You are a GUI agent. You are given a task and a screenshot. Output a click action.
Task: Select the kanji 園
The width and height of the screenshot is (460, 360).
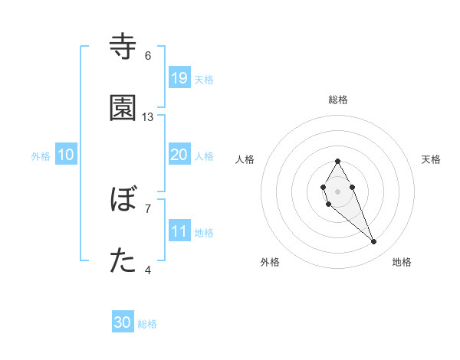point(123,108)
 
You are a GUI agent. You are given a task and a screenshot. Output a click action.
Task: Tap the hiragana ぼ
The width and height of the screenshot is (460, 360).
point(123,200)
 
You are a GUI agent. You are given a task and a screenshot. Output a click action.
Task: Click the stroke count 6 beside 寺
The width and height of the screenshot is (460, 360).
point(148,56)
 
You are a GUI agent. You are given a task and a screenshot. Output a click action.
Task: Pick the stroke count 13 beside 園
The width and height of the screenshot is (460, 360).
point(148,117)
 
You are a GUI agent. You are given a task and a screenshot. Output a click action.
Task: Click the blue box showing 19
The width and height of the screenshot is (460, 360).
point(179,78)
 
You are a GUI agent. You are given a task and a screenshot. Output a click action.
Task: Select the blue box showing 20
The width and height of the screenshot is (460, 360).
point(179,155)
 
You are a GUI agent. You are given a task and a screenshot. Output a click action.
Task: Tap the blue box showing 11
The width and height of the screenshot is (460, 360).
point(179,231)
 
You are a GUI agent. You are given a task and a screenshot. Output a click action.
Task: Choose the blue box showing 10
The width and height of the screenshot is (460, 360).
point(66,155)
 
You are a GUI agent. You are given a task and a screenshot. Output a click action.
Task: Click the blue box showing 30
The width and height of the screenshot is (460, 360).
point(123,323)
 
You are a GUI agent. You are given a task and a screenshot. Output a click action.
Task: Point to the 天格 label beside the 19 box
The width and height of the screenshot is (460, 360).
point(204,79)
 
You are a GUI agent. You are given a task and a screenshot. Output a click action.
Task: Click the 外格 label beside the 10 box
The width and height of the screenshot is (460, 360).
point(41,155)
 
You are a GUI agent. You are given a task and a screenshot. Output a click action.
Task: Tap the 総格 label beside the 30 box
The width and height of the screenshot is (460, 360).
point(147,324)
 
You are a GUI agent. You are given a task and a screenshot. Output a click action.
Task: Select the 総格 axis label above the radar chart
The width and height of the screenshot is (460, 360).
point(338,100)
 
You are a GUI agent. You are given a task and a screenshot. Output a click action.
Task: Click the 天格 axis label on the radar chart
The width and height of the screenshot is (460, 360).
point(431,159)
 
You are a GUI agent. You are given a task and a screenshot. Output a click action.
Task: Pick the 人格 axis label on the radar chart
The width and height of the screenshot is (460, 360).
point(245,159)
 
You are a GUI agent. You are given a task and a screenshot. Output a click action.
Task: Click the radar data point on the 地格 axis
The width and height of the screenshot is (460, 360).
point(373,242)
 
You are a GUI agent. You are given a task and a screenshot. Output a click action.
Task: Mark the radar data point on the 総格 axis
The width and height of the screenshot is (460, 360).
point(337,161)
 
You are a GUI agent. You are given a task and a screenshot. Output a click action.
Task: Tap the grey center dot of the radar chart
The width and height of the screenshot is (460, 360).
point(337,190)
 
